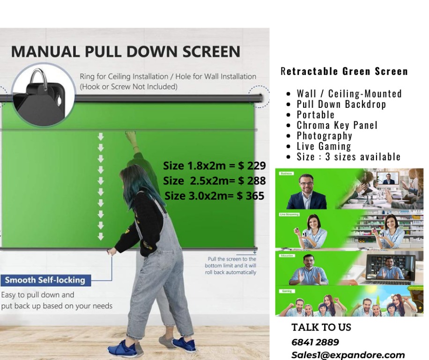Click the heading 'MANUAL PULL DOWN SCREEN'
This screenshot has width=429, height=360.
[126, 51]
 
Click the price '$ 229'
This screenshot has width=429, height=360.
[251, 165]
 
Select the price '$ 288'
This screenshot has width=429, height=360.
[251, 180]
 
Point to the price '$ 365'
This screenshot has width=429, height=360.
[250, 195]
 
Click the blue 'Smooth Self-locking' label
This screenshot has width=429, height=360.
[45, 280]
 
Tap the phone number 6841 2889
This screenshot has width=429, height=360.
[315, 342]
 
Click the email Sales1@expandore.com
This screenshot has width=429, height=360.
[348, 355]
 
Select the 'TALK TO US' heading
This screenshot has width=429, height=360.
[321, 327]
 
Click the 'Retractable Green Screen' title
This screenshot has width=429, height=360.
[344, 71]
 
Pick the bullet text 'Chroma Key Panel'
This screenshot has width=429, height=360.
[337, 125]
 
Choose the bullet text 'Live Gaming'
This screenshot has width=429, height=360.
[324, 146]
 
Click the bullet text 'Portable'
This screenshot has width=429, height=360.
[316, 115]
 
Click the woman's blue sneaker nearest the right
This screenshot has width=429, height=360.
[185, 345]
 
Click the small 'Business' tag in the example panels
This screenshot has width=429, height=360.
[286, 173]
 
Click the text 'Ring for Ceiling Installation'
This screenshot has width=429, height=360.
[124, 76]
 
